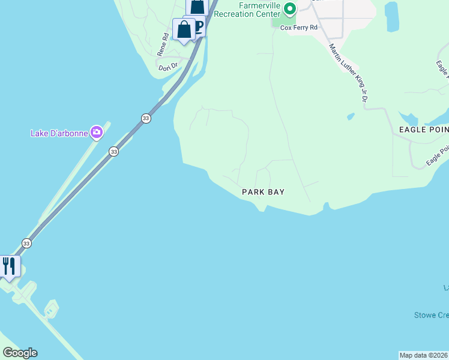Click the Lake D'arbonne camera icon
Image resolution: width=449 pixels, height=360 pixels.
pyautogui.click(x=97, y=132)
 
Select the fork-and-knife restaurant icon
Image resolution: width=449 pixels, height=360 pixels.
pyautogui.click(x=8, y=266)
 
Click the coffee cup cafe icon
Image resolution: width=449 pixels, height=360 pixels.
pyautogui.click(x=198, y=25)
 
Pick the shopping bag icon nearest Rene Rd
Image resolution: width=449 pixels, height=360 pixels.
pyautogui.click(x=184, y=29)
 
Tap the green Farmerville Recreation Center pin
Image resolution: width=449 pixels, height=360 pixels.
pyautogui.click(x=290, y=9)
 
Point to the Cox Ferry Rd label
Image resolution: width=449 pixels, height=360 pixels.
pyautogui.click(x=299, y=28)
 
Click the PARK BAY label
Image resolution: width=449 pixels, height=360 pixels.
pyautogui.click(x=263, y=192)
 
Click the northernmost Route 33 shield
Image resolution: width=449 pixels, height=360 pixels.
pyautogui.click(x=146, y=119)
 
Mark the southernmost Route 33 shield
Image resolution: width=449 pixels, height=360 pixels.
pyautogui.click(x=26, y=243)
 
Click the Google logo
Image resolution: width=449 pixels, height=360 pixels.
pyautogui.click(x=20, y=353)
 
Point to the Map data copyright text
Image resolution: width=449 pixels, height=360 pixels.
pyautogui.click(x=424, y=355)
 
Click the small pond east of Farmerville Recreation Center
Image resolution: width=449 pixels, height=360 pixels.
pyautogui.click(x=392, y=17)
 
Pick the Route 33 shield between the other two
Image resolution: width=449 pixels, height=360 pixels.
pyautogui.click(x=114, y=152)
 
